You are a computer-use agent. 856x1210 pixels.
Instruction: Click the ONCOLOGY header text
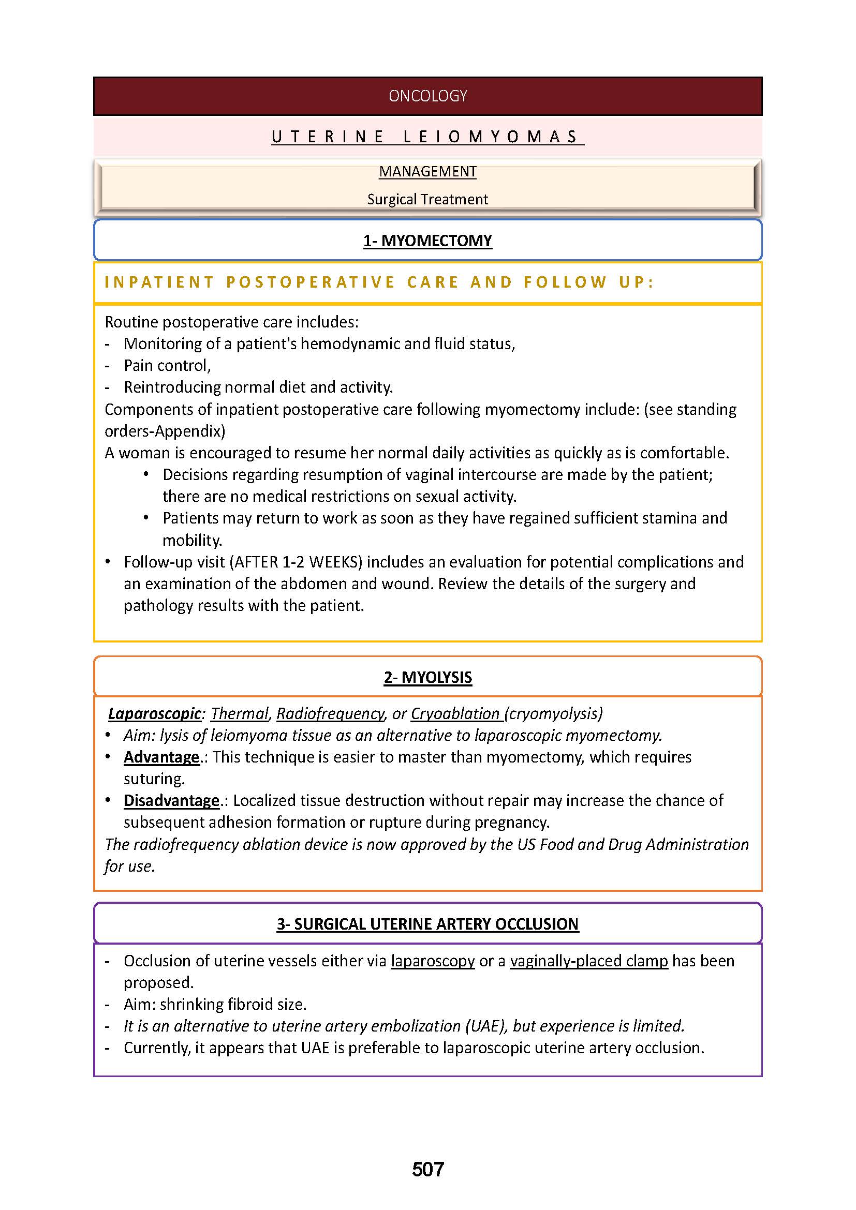pos(427,96)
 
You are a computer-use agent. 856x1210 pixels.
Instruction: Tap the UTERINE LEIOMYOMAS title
pos(427,137)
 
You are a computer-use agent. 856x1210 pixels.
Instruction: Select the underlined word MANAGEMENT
pos(427,172)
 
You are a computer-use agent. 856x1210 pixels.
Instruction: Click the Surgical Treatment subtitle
pos(427,199)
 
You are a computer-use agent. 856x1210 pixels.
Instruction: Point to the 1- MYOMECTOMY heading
pos(427,241)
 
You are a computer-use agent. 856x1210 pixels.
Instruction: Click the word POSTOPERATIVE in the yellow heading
pos(311,282)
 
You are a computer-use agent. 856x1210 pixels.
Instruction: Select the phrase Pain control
pos(167,365)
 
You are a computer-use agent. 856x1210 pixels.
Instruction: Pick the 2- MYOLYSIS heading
pos(427,677)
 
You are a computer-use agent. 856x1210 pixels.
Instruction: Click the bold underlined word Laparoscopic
pos(154,713)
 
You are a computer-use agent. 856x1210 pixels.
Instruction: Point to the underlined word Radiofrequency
pos(331,713)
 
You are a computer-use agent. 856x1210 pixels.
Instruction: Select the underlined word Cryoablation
pos(455,713)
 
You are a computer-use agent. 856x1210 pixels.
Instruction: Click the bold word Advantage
pos(161,757)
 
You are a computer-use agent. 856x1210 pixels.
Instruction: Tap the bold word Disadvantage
pos(171,800)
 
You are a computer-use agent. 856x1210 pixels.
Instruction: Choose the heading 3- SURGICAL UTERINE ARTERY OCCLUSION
pos(427,924)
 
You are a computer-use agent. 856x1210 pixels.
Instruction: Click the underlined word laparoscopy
pos(433,961)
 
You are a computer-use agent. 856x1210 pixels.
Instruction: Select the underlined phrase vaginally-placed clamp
pos(589,961)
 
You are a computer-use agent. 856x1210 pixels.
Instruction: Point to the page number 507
pos(427,1170)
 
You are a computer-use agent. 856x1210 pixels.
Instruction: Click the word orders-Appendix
pos(165,431)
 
